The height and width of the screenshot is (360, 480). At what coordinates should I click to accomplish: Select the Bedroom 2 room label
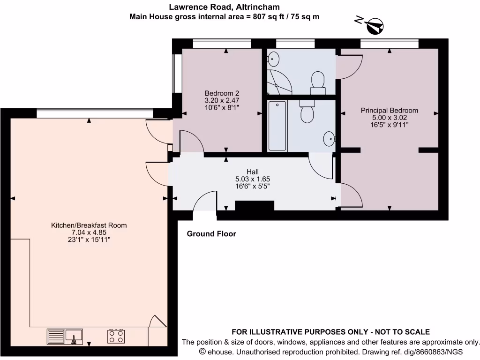[222, 93]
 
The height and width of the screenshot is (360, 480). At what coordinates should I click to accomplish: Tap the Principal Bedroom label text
[389, 111]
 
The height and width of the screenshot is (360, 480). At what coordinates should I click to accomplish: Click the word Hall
[253, 172]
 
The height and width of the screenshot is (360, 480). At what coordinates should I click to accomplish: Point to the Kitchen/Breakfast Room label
[89, 225]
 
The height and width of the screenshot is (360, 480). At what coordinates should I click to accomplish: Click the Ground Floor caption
[211, 234]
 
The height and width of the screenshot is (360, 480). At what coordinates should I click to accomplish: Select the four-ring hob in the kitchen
[116, 336]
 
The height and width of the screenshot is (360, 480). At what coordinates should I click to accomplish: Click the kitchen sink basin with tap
[74, 336]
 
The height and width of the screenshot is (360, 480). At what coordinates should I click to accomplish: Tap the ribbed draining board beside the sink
[55, 336]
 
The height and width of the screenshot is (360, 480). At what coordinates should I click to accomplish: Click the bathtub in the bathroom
[277, 126]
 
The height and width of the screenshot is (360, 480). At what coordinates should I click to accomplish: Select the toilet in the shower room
[318, 81]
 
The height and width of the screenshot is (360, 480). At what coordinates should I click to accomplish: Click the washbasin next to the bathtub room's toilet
[329, 138]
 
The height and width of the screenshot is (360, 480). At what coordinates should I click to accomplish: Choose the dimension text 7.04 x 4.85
[89, 232]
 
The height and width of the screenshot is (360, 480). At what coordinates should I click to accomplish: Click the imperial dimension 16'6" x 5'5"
[253, 186]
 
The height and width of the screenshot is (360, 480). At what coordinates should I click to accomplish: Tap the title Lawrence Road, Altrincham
[225, 7]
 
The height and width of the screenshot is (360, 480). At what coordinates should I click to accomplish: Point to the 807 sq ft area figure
[261, 16]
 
